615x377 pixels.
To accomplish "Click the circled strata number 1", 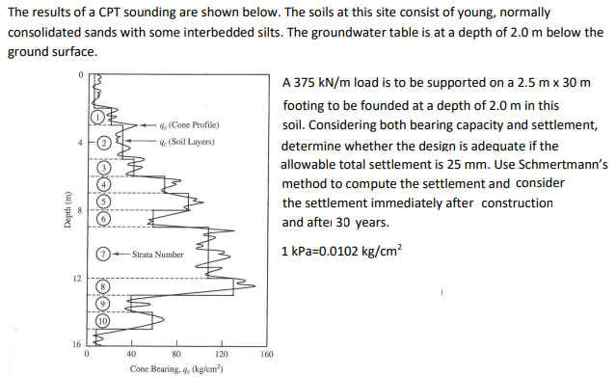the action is pos(97,117).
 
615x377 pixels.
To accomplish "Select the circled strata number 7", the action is pos(102,254).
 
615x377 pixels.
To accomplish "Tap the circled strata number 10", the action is pos(101,317).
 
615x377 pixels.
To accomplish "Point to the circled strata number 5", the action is pos(102,200).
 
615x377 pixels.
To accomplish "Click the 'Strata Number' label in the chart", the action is pos(157,254).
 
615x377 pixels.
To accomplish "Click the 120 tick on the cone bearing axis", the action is pos(221,353).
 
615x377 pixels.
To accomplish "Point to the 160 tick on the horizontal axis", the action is pos(266,353).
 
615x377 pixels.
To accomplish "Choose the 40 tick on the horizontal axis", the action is pos(130,353).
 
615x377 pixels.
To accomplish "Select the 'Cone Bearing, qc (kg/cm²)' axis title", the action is pos(174,367).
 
